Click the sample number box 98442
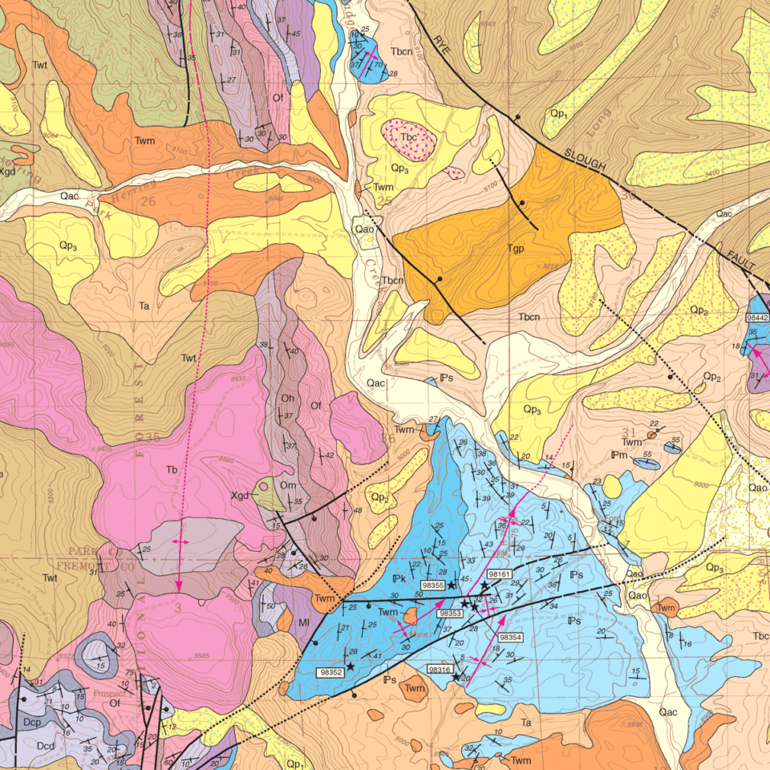click(758, 318)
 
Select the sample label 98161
click(499, 574)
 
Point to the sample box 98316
click(440, 669)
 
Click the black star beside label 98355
click(452, 586)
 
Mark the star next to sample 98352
click(350, 666)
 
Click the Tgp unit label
click(516, 249)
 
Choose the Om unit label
click(288, 485)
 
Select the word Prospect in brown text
click(109, 694)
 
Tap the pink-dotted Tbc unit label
click(409, 137)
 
